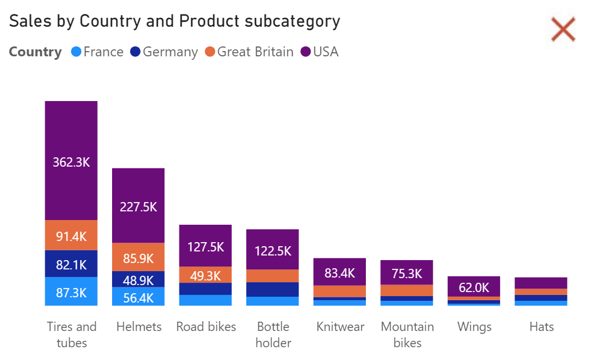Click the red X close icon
click(x=563, y=30)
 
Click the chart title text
click(x=174, y=21)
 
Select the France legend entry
click(x=97, y=52)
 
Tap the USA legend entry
click(x=319, y=52)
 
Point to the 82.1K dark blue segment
click(x=71, y=264)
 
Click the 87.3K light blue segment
click(x=71, y=291)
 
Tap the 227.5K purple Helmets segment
click(x=138, y=206)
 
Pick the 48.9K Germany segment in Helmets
click(x=138, y=279)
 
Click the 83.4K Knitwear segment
click(x=340, y=272)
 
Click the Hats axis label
click(x=541, y=327)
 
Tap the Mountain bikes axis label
click(x=407, y=334)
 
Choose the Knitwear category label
click(x=340, y=327)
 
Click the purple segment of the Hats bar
click(x=541, y=283)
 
